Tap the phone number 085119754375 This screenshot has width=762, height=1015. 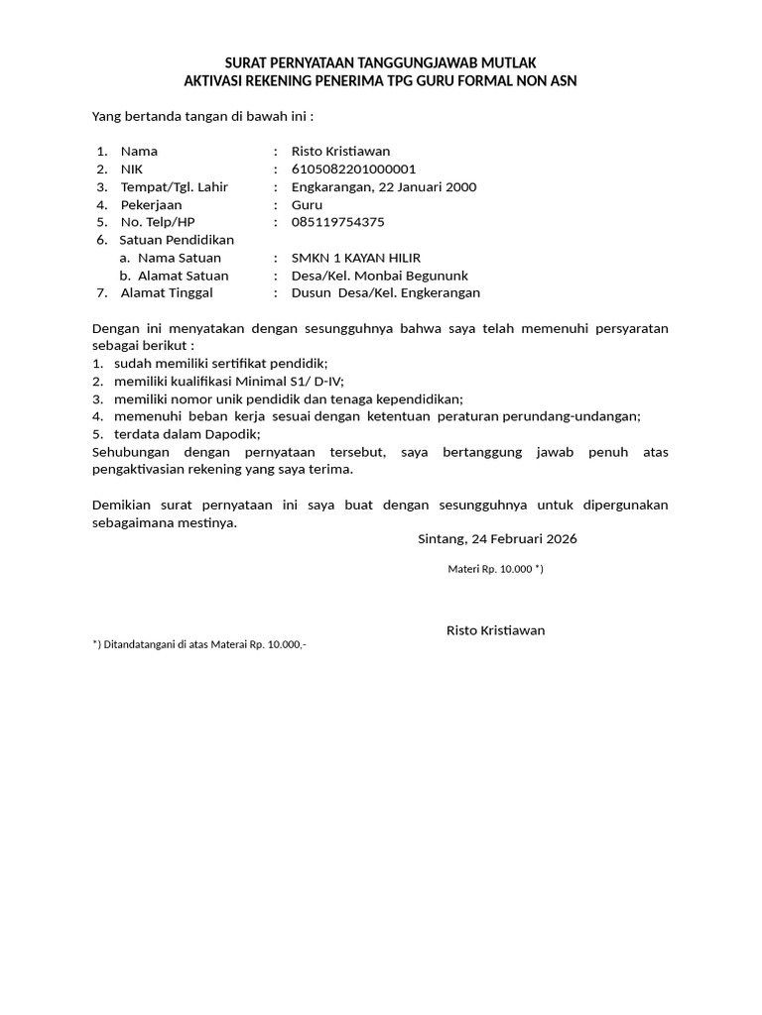tap(337, 222)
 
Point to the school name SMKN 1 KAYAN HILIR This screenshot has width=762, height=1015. tap(356, 258)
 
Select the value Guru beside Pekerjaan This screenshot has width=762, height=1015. tap(307, 205)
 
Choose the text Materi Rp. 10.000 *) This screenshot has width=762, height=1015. tap(495, 570)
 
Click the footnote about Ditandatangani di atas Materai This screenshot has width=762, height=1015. tap(199, 644)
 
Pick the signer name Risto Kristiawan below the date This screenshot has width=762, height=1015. tap(495, 630)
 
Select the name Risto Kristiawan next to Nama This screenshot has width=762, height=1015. tap(340, 152)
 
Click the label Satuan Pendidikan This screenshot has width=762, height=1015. tap(177, 240)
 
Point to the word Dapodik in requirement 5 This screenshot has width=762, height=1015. tap(230, 434)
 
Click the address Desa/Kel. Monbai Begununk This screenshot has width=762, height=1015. tap(379, 276)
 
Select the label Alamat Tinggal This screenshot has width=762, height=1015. tap(167, 292)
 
